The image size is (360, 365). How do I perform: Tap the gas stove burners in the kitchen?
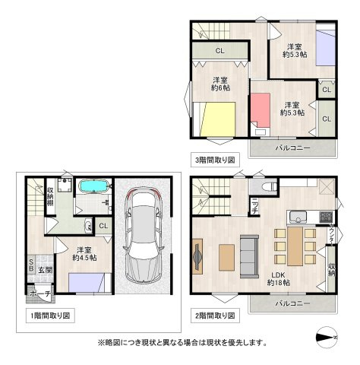(x=326, y=216)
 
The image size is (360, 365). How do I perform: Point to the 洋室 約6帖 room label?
(x=221, y=84)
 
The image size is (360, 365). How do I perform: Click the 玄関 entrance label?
(x=45, y=270)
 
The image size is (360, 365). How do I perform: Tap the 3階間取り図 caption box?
(x=215, y=160)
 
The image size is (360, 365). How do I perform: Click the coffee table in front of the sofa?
(x=228, y=255)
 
